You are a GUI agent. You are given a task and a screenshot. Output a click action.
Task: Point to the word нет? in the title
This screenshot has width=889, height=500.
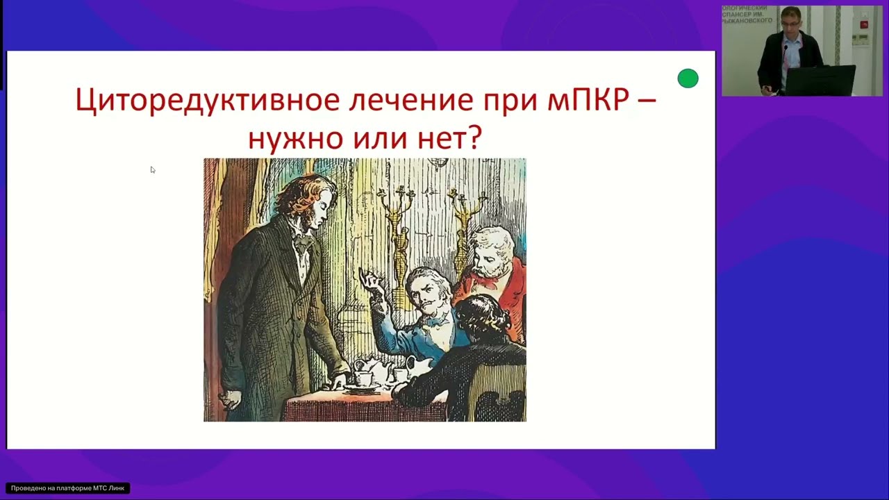[x=448, y=137]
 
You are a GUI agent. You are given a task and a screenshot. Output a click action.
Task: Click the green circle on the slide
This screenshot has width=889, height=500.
[x=688, y=78]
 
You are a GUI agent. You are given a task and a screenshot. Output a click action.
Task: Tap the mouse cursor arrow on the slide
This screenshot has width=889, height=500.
[x=152, y=169]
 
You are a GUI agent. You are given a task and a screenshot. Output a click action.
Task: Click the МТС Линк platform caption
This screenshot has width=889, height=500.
[x=67, y=488]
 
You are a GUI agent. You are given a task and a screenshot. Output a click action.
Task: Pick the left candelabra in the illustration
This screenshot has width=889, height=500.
[x=398, y=229]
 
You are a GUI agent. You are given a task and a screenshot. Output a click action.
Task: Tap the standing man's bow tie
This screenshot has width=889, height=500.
[x=301, y=244]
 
